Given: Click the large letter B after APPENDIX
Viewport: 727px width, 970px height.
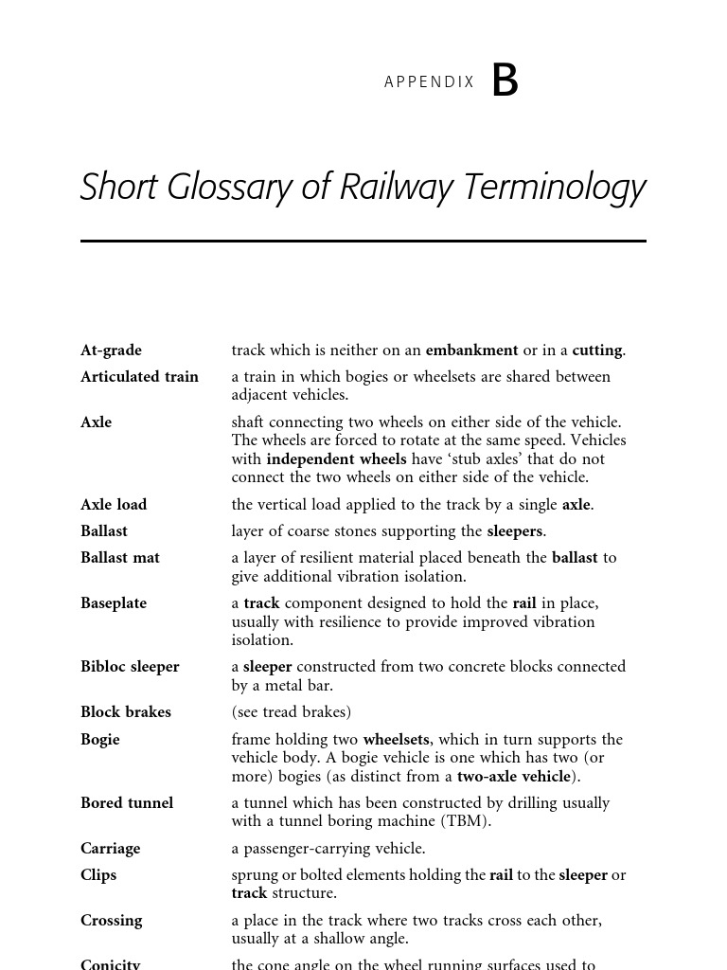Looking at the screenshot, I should click(505, 81).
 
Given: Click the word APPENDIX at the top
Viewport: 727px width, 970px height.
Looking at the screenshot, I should click(429, 82).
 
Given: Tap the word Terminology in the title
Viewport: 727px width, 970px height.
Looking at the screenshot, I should click(554, 188).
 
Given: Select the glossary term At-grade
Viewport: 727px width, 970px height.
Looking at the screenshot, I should click(111, 350).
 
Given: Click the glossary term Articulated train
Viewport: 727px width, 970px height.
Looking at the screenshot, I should click(139, 377).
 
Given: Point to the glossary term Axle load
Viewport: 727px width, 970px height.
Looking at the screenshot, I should click(114, 505).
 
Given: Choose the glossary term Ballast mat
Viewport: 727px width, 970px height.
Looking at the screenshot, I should click(120, 558).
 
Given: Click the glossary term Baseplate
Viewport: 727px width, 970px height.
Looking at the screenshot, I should click(114, 603).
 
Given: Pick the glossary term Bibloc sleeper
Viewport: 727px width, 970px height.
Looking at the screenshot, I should click(130, 667).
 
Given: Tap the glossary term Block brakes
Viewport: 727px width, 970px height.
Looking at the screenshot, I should click(126, 712).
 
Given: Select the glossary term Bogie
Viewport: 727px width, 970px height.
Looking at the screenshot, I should click(100, 740).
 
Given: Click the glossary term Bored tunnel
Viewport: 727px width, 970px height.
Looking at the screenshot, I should click(127, 803).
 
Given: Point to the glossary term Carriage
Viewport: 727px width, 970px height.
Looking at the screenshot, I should click(110, 849).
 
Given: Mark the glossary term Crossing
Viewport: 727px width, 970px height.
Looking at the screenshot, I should click(111, 921).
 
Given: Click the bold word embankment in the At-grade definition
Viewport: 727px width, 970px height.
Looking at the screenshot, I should click(471, 350).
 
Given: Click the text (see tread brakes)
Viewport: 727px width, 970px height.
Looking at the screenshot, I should click(291, 712).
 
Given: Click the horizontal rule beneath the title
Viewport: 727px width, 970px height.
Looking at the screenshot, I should click(363, 242).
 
